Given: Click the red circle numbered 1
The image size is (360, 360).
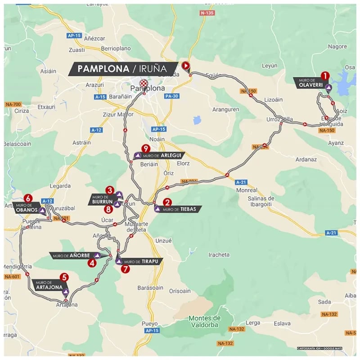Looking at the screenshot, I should click(x=324, y=76).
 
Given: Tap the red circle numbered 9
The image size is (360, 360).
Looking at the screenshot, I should click(x=145, y=148).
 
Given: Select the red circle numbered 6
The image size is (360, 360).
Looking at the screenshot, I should click(x=28, y=198).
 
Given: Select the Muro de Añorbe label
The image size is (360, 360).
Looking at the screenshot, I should click(x=74, y=256).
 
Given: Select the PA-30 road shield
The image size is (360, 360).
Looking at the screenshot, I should click(x=171, y=96).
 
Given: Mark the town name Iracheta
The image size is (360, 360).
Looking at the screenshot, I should click(x=219, y=255).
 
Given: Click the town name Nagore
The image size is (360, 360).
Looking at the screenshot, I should click(x=337, y=46).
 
